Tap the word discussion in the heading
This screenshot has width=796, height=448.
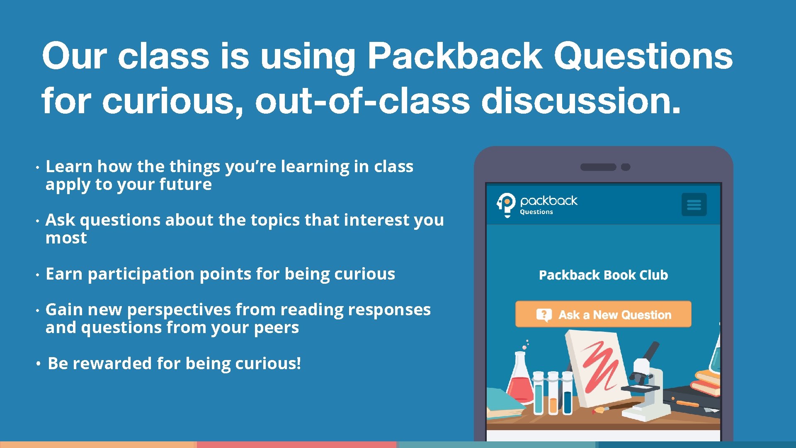point(580,101)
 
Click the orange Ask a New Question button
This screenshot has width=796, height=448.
point(603,314)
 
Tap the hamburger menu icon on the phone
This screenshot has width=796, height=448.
point(694,205)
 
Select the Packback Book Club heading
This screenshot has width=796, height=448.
point(603,275)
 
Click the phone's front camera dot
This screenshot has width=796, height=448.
point(626,167)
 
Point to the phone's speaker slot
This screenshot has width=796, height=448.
point(598,167)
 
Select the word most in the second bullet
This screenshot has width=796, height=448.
point(66,238)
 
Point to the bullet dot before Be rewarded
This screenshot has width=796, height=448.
point(38,364)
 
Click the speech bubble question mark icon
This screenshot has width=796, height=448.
point(544,315)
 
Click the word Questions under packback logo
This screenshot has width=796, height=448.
point(536,212)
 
